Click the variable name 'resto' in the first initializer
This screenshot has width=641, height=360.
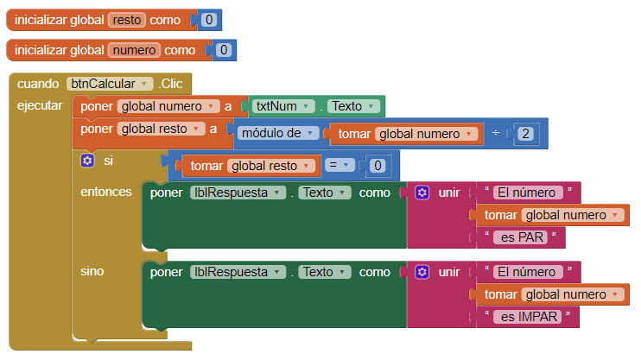[x=127, y=20]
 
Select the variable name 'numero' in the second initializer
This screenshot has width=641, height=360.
[x=134, y=50]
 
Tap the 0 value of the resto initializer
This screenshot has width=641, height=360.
[x=209, y=20]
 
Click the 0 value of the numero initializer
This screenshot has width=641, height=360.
[x=224, y=50]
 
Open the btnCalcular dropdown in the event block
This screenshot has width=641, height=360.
[x=110, y=84]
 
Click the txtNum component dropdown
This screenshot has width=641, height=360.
[x=283, y=106]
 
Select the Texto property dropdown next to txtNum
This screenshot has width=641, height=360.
[x=353, y=106]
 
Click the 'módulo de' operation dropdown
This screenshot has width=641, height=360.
[x=278, y=133]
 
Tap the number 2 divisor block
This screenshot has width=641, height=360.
[x=525, y=134]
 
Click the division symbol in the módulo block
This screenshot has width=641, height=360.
[x=496, y=133]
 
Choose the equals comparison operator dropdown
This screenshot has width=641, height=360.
[x=340, y=165]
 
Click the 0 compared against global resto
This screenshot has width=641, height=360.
[x=378, y=166]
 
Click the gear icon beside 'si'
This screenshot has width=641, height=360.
[x=87, y=161]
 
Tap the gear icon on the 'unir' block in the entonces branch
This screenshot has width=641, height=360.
[x=422, y=193]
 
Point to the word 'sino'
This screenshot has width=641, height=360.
[x=92, y=271]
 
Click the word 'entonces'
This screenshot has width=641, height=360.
[x=106, y=192]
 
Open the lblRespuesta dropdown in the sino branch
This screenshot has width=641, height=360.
[x=238, y=272]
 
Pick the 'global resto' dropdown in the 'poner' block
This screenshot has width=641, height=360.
[x=161, y=129]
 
